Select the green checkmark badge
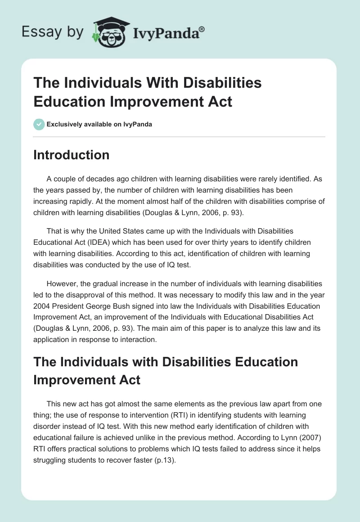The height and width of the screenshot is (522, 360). [39, 124]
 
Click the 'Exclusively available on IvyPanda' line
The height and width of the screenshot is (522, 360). [99, 124]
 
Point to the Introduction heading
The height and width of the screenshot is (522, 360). [72, 155]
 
